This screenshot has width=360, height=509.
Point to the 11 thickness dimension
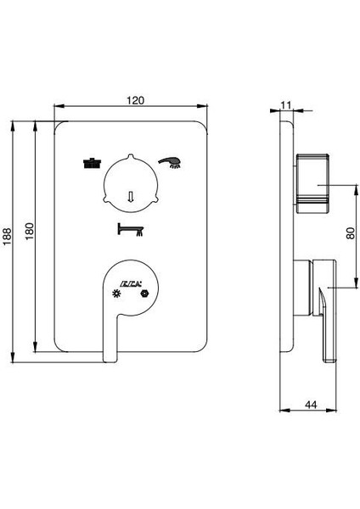click(x=285, y=103)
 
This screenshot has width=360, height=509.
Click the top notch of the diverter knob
click(x=130, y=155)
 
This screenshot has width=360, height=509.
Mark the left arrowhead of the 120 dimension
click(x=56, y=108)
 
